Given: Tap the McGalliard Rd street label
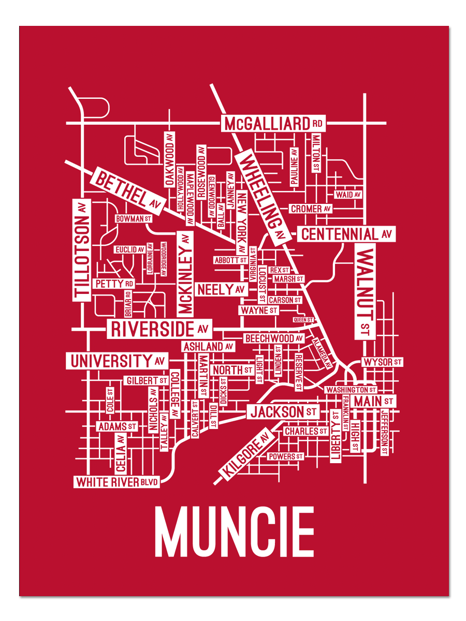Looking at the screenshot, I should click(273, 124).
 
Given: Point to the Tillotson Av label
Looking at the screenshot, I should click(82, 250).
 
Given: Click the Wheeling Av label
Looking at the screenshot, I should click(262, 196).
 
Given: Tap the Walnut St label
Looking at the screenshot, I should click(365, 292).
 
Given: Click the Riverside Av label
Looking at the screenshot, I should click(159, 329).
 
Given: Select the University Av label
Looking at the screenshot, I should click(117, 361).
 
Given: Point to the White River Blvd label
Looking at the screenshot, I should click(116, 482).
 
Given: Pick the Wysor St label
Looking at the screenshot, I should click(382, 362).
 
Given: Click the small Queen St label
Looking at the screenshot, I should click(303, 320).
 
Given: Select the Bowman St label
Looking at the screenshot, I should click(134, 219).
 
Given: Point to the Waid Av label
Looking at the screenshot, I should click(347, 195).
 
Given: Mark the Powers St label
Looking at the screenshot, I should click(285, 456).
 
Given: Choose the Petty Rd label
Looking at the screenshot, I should click(114, 284).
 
